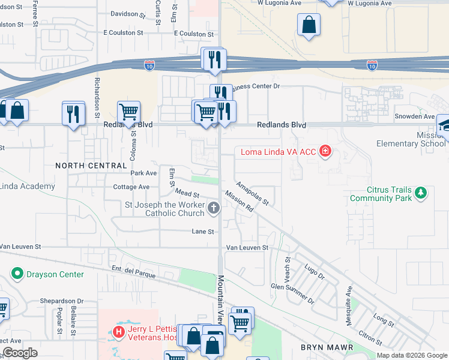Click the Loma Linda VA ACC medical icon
[325, 151]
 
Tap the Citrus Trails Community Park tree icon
[421, 193]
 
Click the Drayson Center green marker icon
[16, 274]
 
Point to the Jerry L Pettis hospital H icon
[119, 331]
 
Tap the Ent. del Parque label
[133, 271]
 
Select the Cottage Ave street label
[131, 187]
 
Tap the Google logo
[20, 353]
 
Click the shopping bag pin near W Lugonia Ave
[309, 26]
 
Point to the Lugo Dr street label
[315, 272]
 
